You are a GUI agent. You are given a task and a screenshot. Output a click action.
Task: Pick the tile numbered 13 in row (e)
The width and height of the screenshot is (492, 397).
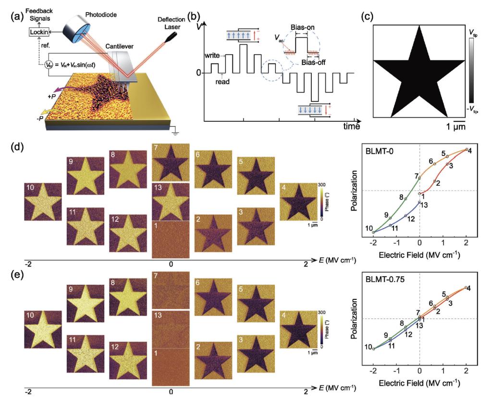171,329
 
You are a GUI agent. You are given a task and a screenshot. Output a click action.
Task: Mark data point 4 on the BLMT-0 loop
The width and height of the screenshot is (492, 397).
466,150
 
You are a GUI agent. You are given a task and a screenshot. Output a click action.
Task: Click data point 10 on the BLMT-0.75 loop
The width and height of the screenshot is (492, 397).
373,348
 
